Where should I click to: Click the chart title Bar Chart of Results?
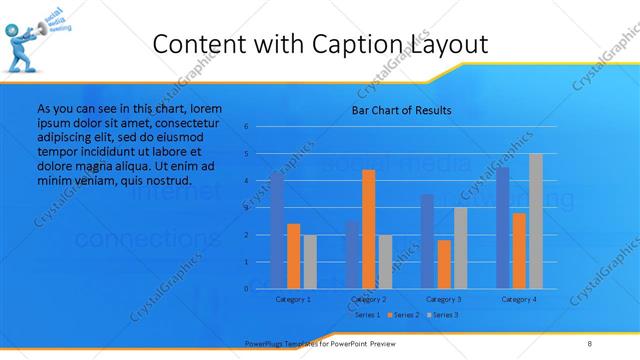(x=400, y=110)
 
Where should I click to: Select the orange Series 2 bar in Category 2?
(x=369, y=229)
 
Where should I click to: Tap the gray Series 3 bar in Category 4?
(x=535, y=221)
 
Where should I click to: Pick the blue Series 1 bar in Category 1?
(x=277, y=230)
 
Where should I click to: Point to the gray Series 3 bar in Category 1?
(x=309, y=261)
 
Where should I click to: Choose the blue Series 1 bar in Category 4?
(x=503, y=228)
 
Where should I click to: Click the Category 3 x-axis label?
(x=443, y=299)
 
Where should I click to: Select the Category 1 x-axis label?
(x=293, y=299)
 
